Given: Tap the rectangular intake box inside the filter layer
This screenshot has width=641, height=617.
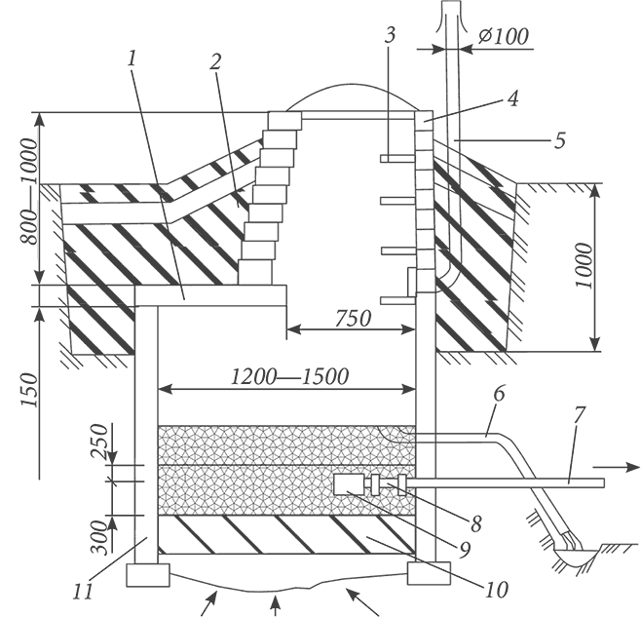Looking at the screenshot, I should pos(348,483).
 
